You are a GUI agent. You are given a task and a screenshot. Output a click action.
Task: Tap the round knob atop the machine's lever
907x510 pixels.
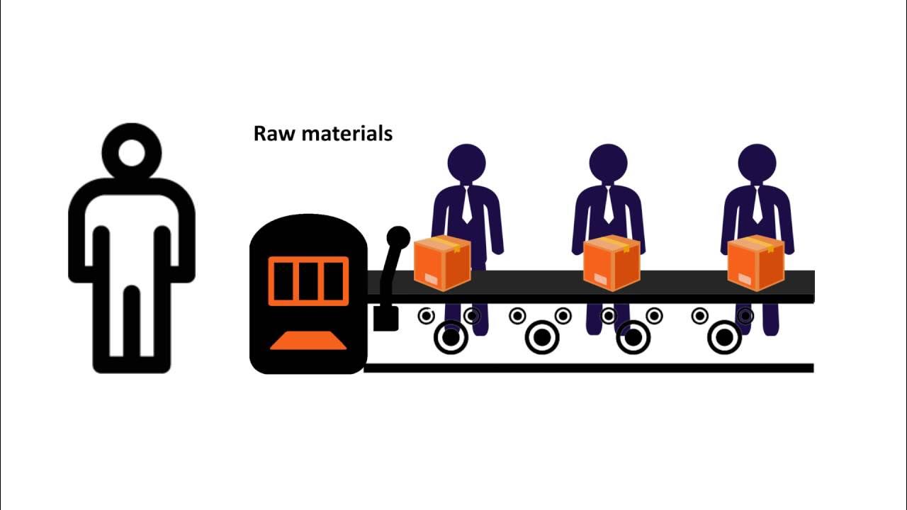[x=398, y=237]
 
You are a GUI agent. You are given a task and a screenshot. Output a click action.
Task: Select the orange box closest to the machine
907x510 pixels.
[x=442, y=263]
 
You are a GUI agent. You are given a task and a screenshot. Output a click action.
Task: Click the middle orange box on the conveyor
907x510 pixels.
[x=612, y=263]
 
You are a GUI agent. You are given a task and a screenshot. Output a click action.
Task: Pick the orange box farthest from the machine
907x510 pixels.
[x=756, y=263]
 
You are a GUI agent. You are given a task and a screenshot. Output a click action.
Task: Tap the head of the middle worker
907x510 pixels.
[x=608, y=164]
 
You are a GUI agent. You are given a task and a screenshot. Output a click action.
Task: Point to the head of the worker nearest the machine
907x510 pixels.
[x=466, y=164]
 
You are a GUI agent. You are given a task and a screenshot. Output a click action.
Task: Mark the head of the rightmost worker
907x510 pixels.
[x=757, y=164]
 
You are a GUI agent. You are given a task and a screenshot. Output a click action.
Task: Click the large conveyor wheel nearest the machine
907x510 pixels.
[x=451, y=337]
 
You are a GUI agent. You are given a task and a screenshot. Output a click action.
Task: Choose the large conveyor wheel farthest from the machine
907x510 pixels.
[x=724, y=337]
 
